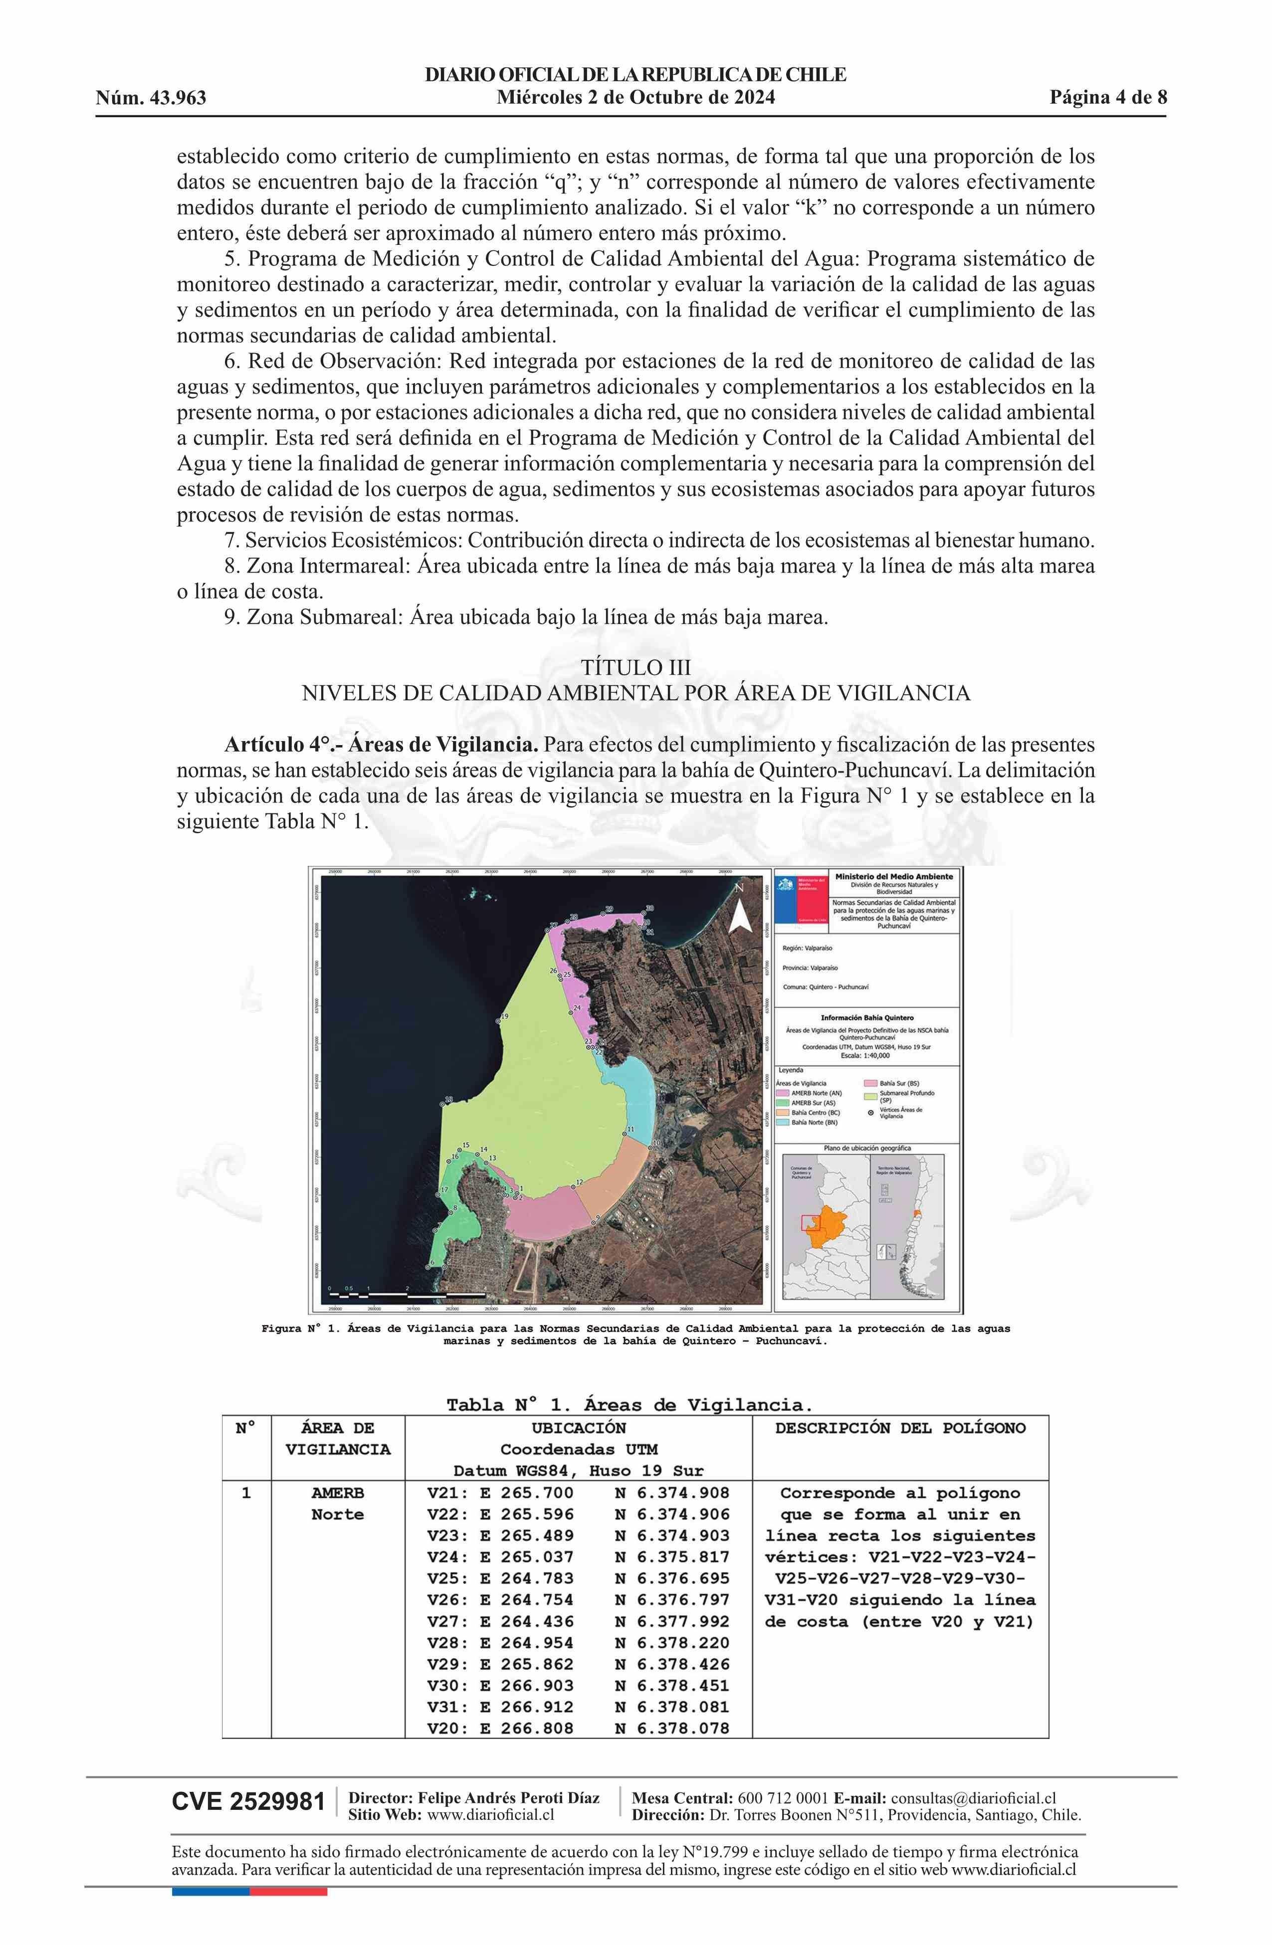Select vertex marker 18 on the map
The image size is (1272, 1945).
click(x=442, y=1105)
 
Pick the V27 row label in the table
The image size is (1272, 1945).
click(x=446, y=1621)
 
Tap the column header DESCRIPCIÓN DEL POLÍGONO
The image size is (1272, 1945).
click(x=899, y=1428)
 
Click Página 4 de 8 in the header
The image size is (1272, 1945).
click(x=1108, y=98)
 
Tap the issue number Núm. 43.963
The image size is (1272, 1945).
click(x=151, y=99)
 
